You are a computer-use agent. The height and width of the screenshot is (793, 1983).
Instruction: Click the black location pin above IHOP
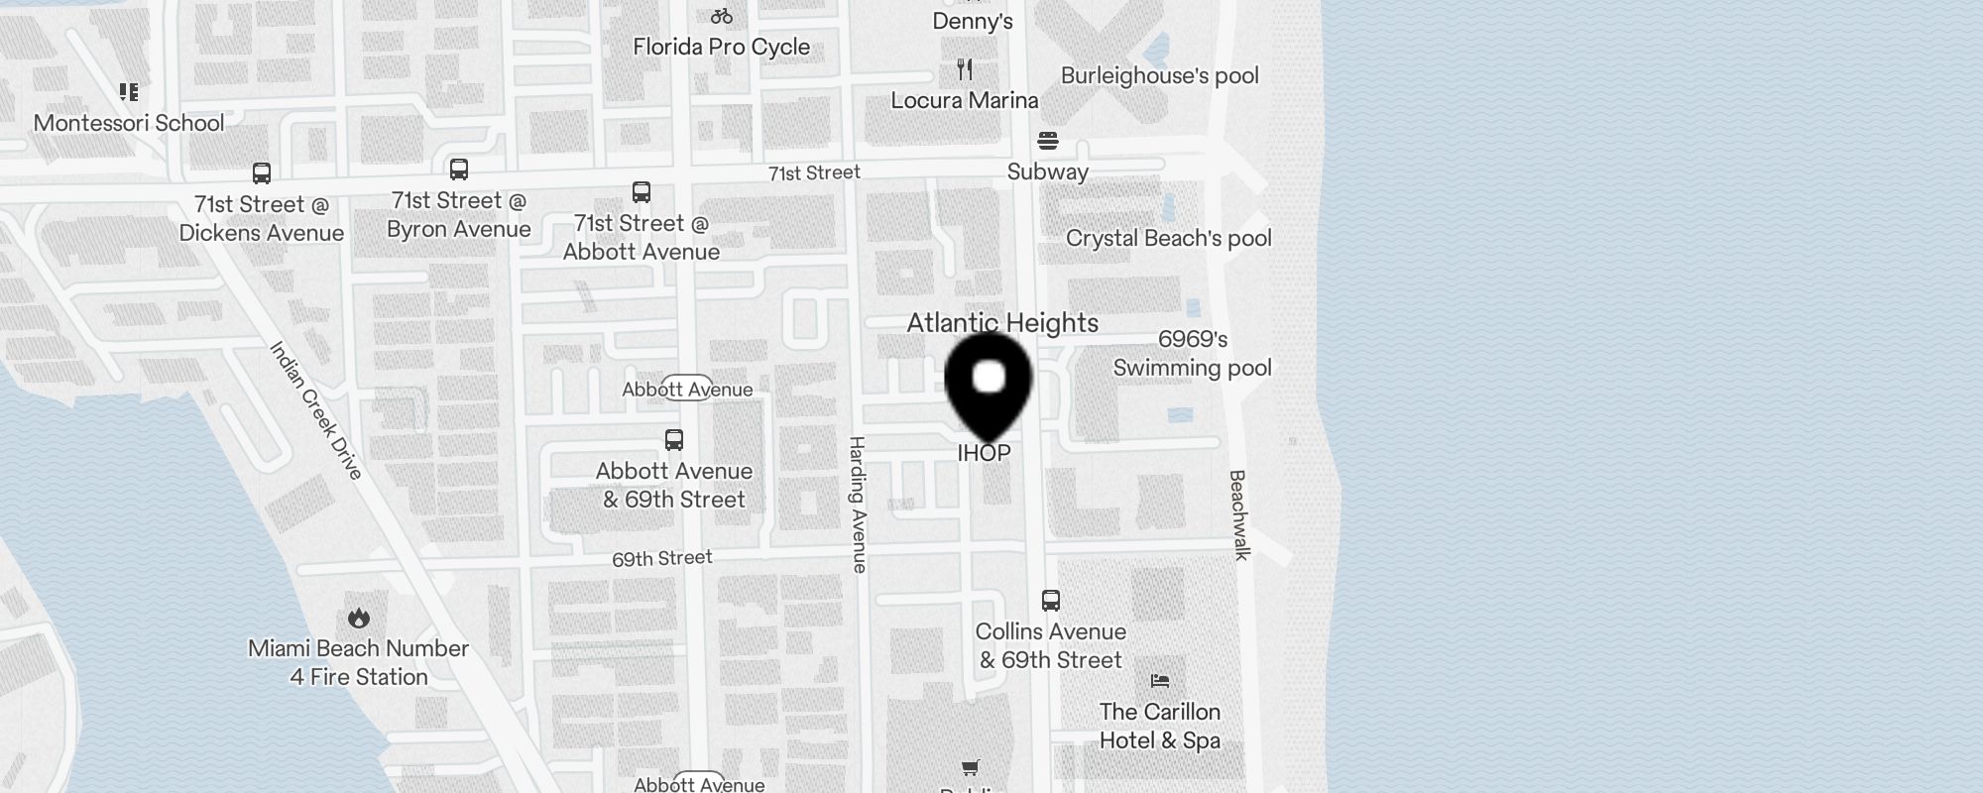[x=989, y=381]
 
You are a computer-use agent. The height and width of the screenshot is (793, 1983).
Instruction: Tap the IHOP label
[x=984, y=453]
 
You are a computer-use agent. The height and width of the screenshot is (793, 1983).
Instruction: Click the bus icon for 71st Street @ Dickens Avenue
[x=262, y=173]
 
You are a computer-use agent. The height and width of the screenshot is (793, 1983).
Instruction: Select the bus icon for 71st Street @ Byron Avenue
[x=458, y=170]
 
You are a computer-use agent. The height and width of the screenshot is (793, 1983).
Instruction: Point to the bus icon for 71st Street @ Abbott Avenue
[x=642, y=191]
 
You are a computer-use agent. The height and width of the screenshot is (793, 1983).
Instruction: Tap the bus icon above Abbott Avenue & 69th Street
[x=674, y=439]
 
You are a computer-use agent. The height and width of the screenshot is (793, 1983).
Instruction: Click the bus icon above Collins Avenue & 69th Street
[x=1051, y=600]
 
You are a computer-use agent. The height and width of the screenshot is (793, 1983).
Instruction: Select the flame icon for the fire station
[x=359, y=618]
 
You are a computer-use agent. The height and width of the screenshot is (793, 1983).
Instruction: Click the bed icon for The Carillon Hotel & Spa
[x=1160, y=681]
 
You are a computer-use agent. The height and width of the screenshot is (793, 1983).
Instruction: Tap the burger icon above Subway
[x=1048, y=140]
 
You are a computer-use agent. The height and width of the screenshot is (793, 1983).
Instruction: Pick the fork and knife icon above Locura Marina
[x=965, y=69]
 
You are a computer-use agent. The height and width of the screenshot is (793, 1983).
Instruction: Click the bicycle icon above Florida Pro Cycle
[x=722, y=16]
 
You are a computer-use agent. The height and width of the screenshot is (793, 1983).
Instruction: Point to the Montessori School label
[x=129, y=123]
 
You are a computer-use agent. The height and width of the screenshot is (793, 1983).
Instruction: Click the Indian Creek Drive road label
[x=316, y=410]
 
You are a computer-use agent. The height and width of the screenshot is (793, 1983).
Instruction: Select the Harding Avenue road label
[x=859, y=504]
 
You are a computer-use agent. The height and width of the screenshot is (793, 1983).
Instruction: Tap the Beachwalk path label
[x=1238, y=514]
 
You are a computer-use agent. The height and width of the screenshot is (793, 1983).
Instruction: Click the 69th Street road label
[x=661, y=558]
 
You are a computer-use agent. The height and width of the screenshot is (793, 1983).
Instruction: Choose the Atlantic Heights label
[x=1002, y=323]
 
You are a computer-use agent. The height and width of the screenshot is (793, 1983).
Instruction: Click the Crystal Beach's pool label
[x=1168, y=238]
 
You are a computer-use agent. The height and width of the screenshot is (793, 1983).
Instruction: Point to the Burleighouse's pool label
[x=1159, y=75]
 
